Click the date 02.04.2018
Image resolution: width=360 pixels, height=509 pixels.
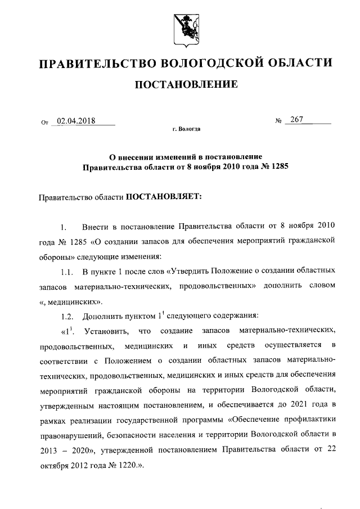(x=76, y=120)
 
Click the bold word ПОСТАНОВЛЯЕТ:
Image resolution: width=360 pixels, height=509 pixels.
(x=163, y=197)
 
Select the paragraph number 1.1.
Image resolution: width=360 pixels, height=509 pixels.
(x=67, y=272)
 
